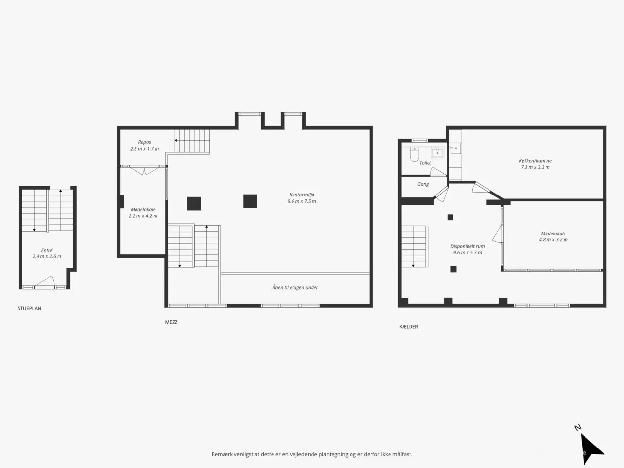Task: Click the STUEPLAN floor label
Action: [x=29, y=308]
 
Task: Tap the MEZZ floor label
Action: [x=171, y=322]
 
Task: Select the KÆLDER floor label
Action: [x=409, y=327]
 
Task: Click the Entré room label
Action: [x=47, y=251]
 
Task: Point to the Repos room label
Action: [x=144, y=142]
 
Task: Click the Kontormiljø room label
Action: [x=302, y=195]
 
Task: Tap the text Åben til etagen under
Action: [x=295, y=287]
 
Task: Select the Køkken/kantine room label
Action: [x=535, y=161]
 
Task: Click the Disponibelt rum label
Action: [x=468, y=246]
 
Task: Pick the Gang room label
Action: [x=423, y=184]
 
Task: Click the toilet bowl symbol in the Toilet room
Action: [x=415, y=155]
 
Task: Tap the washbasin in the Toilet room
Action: [x=437, y=153]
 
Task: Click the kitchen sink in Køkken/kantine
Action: [x=455, y=148]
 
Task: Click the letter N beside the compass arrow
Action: [x=578, y=428]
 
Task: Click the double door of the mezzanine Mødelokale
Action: [x=144, y=170]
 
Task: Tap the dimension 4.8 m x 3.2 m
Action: [x=553, y=240]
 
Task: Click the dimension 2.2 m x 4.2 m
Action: [x=143, y=216]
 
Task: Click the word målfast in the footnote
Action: [x=403, y=454]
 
